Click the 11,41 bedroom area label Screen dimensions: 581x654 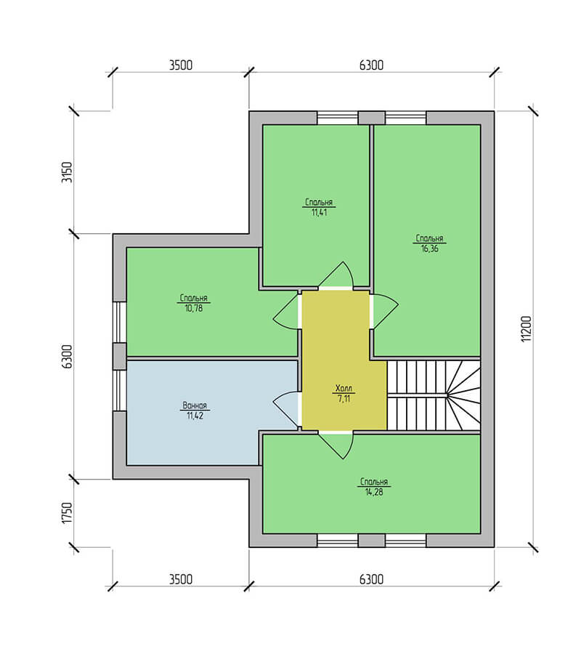pos(319,212)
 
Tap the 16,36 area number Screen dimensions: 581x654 pos(430,249)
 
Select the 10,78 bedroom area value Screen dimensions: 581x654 pos(194,309)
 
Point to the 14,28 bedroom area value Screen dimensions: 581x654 pos(374,492)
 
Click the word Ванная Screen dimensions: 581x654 pos(195,405)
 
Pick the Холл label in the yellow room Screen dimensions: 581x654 pos(344,388)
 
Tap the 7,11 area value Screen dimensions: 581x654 pos(344,398)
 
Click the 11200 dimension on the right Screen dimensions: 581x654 pos(527,328)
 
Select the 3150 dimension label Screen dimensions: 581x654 pos(67,172)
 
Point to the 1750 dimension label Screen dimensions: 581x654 pos(67,513)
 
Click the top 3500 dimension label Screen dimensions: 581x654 pos(181,65)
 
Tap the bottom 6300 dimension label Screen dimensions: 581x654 pos(371,579)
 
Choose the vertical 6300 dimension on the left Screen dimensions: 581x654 pos(67,357)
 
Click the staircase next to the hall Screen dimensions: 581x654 pos(434,395)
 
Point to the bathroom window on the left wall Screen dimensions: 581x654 pos(120,390)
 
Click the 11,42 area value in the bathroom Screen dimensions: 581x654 pos(195,416)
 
